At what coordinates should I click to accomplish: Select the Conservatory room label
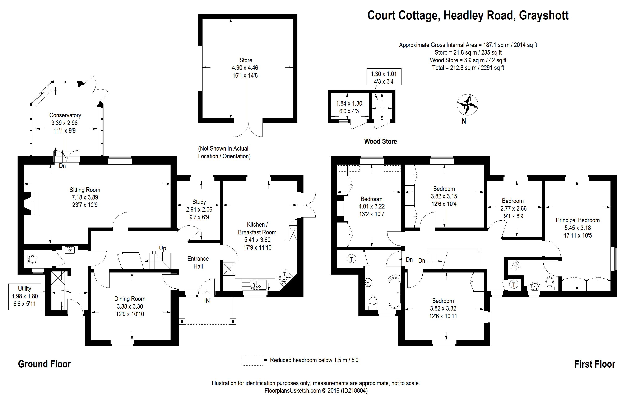tap(65, 115)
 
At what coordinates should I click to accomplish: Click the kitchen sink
tap(254, 284)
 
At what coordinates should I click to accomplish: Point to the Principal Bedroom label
tap(577, 220)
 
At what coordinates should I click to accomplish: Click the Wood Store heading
tap(380, 142)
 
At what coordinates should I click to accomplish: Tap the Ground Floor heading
tap(44, 364)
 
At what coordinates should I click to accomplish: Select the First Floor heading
tap(595, 364)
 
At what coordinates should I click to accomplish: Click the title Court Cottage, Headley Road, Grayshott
tap(468, 16)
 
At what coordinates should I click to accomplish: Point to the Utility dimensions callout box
tap(25, 297)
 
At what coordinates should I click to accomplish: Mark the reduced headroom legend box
tap(252, 360)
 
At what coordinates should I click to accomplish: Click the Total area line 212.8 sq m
tap(468, 68)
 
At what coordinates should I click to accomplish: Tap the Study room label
tap(199, 202)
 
